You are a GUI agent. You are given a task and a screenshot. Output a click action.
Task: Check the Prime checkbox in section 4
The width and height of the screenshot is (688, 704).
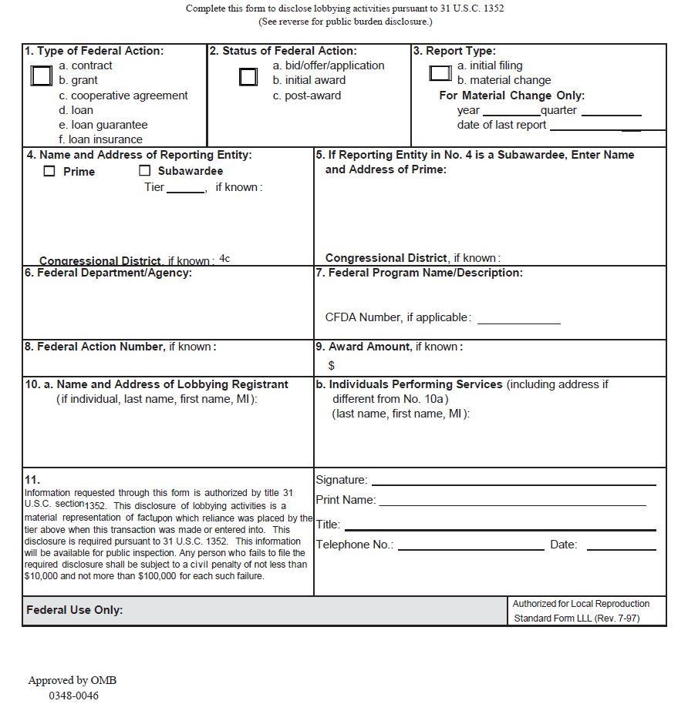click(x=49, y=171)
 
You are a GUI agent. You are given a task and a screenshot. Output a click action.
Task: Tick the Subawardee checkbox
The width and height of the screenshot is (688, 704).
click(x=144, y=171)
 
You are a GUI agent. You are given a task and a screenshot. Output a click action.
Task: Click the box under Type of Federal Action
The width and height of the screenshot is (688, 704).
click(x=42, y=75)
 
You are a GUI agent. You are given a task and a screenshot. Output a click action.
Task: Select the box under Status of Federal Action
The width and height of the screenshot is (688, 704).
click(x=248, y=76)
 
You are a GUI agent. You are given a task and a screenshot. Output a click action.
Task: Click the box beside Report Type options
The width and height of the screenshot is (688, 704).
click(x=440, y=73)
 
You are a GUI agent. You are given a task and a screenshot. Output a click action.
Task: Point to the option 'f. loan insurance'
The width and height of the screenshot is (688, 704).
click(x=101, y=139)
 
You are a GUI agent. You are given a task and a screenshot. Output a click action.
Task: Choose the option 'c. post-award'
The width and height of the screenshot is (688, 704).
click(x=306, y=96)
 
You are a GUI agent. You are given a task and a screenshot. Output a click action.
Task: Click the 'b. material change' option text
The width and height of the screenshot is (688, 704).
click(x=504, y=80)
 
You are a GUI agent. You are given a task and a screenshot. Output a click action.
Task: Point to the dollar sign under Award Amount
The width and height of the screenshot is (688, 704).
click(x=332, y=365)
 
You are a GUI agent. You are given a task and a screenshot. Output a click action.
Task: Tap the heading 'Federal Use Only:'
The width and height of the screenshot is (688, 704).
click(x=75, y=610)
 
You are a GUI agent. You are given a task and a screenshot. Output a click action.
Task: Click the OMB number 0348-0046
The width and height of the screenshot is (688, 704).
click(x=74, y=696)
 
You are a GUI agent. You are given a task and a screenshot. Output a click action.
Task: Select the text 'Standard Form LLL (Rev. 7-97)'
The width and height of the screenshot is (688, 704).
click(x=576, y=618)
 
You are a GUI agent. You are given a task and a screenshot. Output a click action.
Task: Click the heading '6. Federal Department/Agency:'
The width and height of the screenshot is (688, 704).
click(x=108, y=273)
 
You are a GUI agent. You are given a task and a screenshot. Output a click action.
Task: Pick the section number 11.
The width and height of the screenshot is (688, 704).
click(x=32, y=479)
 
